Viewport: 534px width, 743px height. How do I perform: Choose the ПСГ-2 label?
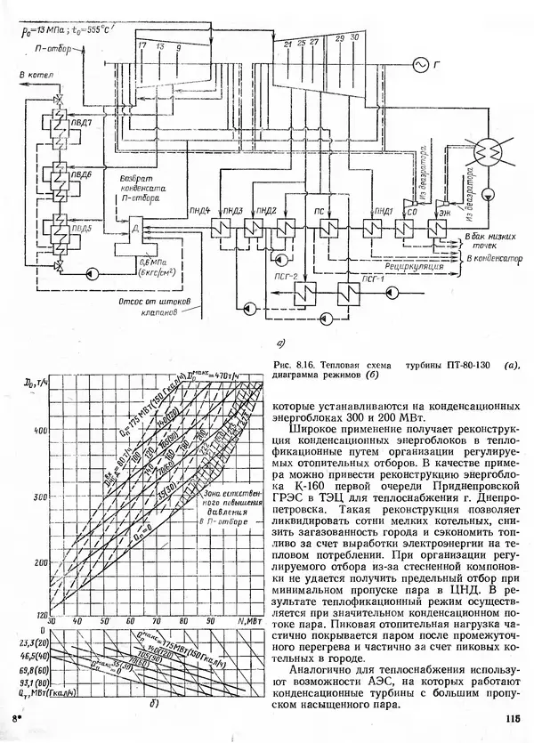tap(258, 280)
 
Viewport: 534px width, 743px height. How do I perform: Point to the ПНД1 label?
tap(384, 210)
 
